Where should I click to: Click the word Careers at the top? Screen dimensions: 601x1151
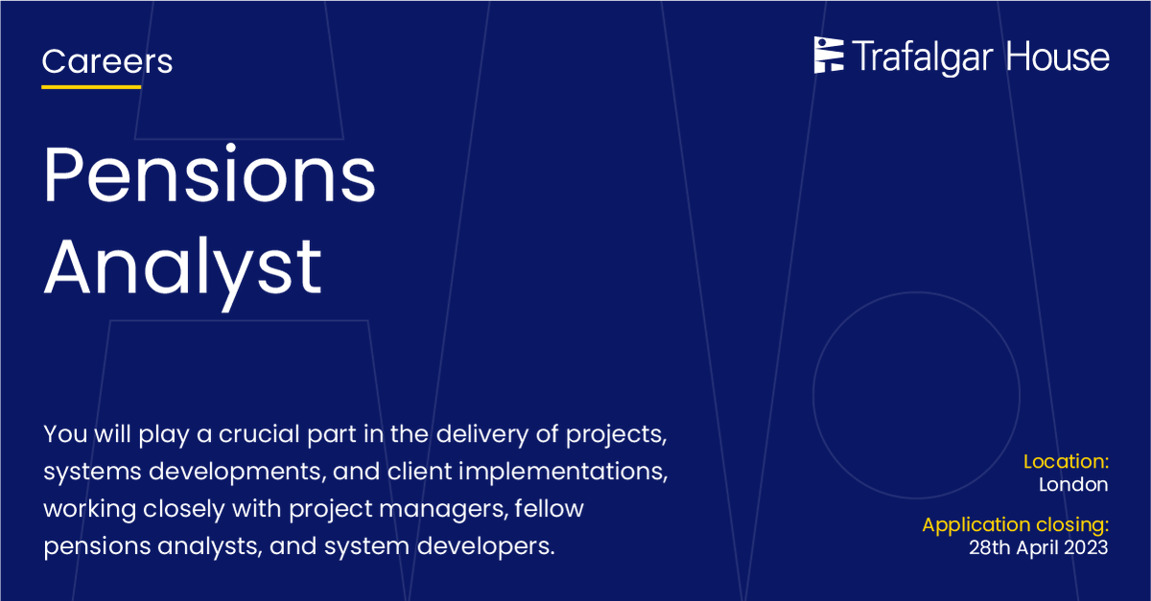(107, 62)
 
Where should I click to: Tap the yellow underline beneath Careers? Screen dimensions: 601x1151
(91, 87)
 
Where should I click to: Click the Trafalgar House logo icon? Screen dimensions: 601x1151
(829, 56)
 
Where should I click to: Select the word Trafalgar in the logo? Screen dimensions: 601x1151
(923, 58)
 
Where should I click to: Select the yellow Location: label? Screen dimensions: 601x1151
(1066, 461)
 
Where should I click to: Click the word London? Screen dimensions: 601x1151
(1073, 485)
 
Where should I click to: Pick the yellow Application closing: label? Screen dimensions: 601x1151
(1015, 525)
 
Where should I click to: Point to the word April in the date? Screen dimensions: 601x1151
(1034, 548)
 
